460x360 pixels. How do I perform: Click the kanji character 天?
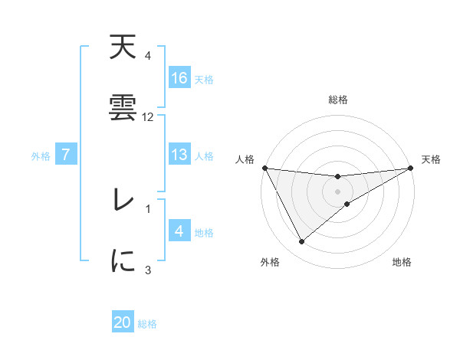pyautogui.click(x=123, y=50)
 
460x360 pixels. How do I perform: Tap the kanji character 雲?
pyautogui.click(x=123, y=109)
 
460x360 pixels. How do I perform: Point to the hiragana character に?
pyautogui.click(x=123, y=260)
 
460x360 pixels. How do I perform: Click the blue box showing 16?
pyautogui.click(x=179, y=78)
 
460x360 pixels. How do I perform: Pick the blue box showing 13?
pyautogui.click(x=179, y=155)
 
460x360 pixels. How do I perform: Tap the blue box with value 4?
pyautogui.click(x=179, y=231)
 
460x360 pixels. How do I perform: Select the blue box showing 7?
pyautogui.click(x=66, y=155)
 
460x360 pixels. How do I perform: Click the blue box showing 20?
pyautogui.click(x=123, y=322)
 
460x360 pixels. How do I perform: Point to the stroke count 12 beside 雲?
pyautogui.click(x=148, y=117)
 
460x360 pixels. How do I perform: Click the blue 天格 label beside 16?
pyautogui.click(x=204, y=79)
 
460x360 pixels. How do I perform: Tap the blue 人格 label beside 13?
pyautogui.click(x=204, y=156)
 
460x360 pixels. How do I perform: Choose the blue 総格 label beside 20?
pyautogui.click(x=147, y=323)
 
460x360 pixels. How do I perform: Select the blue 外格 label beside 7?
pyautogui.click(x=40, y=156)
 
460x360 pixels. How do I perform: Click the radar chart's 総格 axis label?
pyautogui.click(x=337, y=100)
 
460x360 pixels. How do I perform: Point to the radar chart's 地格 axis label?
pyautogui.click(x=402, y=263)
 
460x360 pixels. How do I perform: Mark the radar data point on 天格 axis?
pyautogui.click(x=410, y=168)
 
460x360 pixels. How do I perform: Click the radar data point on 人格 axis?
pyautogui.click(x=265, y=168)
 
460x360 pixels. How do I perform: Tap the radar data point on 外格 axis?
pyautogui.click(x=301, y=242)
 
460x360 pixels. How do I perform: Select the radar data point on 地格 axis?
pyautogui.click(x=347, y=204)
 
